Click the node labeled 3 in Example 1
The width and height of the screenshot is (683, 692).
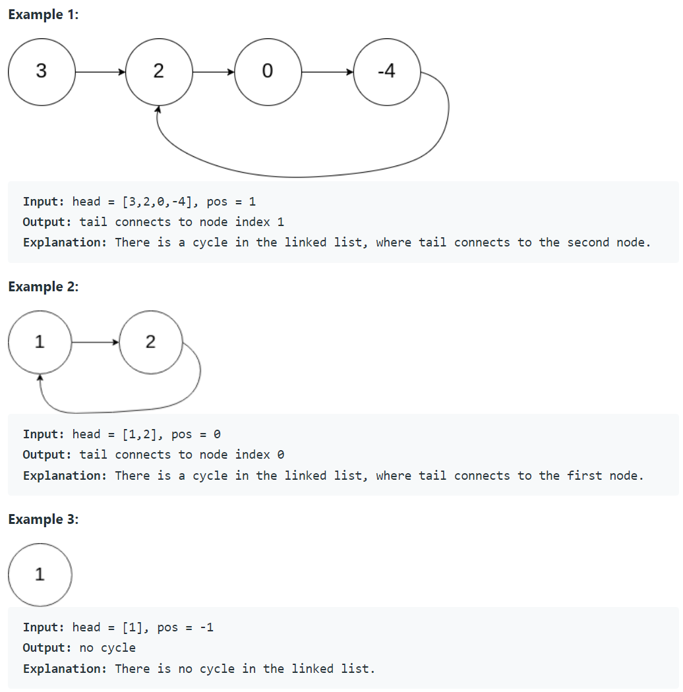[x=42, y=71]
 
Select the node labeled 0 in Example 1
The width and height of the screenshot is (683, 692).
[x=267, y=71]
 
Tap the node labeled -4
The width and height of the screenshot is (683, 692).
[x=386, y=71]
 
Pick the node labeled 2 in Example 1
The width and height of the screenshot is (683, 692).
[x=158, y=71]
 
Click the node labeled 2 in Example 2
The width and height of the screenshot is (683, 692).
[x=150, y=342]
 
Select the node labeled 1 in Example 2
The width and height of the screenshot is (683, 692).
[x=40, y=342]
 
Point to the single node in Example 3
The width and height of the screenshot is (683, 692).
[x=40, y=575]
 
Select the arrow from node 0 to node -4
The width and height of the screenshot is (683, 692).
[x=327, y=71]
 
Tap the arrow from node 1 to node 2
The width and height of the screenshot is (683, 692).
[x=95, y=342]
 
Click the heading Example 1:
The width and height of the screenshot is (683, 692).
[x=43, y=14]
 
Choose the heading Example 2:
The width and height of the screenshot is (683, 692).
[x=43, y=287]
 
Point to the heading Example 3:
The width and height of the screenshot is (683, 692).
[x=43, y=519]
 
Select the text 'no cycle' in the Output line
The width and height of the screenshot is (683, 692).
[x=107, y=648]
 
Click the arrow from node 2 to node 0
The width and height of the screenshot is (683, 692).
[x=213, y=71]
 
